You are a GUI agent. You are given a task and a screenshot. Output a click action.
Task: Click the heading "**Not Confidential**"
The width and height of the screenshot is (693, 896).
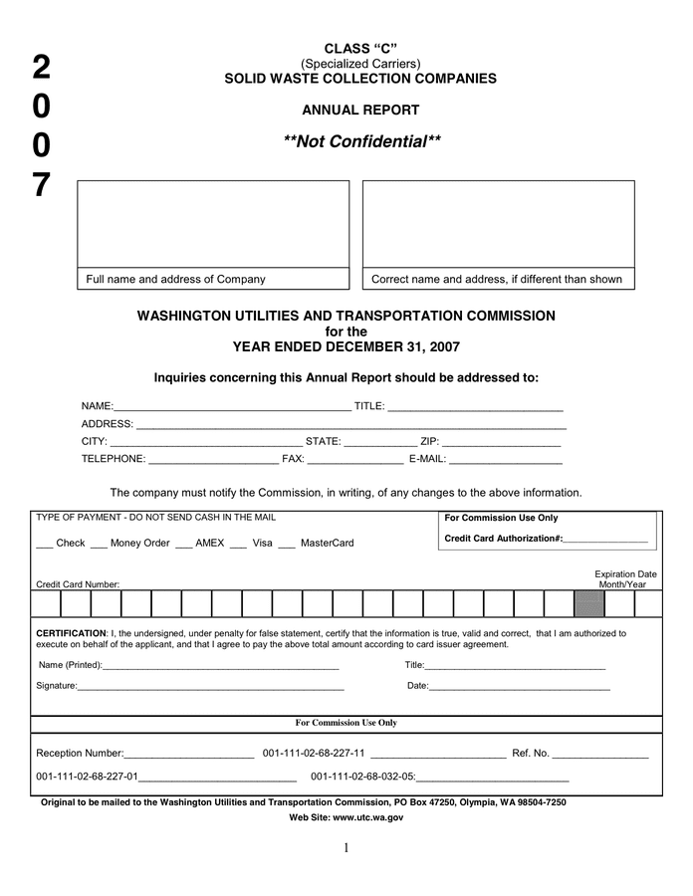pyautogui.click(x=360, y=141)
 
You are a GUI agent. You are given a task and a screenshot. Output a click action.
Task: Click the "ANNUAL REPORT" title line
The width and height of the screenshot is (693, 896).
pyautogui.click(x=360, y=111)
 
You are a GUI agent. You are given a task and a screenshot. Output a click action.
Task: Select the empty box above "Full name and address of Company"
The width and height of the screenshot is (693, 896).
pyautogui.click(x=213, y=224)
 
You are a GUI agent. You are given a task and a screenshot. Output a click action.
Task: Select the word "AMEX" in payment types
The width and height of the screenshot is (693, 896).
pyautogui.click(x=209, y=543)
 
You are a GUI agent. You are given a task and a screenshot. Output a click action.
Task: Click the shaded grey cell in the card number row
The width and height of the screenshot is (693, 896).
pyautogui.click(x=589, y=604)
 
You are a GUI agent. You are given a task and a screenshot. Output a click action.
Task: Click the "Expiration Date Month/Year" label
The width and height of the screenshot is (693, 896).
pyautogui.click(x=625, y=579)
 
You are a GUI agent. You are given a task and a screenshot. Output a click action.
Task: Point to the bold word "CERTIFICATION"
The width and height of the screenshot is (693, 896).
pyautogui.click(x=71, y=633)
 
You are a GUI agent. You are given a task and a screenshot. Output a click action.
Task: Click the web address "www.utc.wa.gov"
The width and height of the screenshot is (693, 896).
pyautogui.click(x=368, y=817)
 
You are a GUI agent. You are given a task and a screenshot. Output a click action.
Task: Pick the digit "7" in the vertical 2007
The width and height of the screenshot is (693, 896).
pyautogui.click(x=41, y=185)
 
